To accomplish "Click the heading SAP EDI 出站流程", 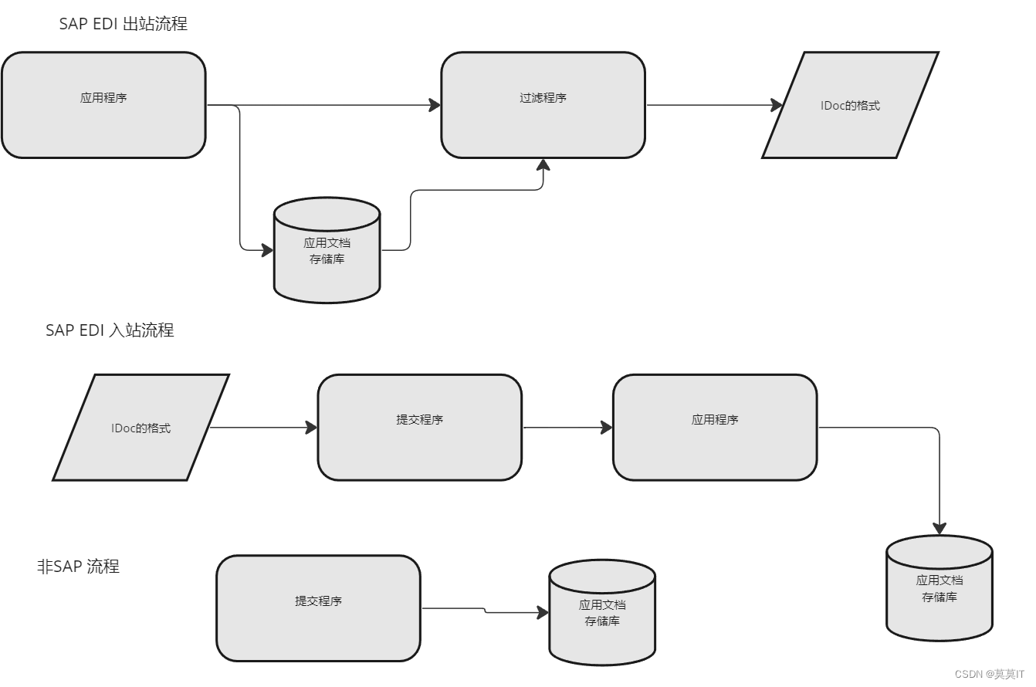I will pos(123,24).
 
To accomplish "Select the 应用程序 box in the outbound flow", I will pos(103,105).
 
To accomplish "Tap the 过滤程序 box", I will pos(543,105).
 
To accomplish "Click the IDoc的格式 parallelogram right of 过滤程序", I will pos(850,105).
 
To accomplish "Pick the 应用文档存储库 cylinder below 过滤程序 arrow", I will pos(327,251).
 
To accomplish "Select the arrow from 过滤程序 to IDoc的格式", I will pos(710,105).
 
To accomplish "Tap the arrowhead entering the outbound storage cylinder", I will pos(268,250).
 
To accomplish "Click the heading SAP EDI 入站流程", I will pos(110,330).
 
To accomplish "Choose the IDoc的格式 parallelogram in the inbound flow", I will pos(141,428).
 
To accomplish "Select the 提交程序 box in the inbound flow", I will pos(419,428).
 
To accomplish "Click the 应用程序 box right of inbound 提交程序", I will pos(715,428).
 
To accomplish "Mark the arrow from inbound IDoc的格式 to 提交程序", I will pos(262,428).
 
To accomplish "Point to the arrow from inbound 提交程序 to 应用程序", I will pos(567,428).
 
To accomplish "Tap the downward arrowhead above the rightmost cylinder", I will pos(939,529).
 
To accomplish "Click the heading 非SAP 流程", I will pos(78,567).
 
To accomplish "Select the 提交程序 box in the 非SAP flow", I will pos(318,608).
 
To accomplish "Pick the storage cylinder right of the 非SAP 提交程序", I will pos(602,614).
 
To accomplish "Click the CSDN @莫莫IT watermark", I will pos(990,674).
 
